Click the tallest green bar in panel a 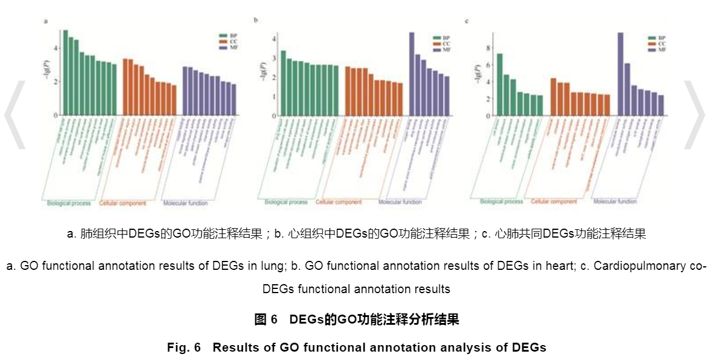click(66, 72)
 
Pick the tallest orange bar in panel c click(553, 96)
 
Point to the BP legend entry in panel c click(656, 37)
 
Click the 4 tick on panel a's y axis click(56, 48)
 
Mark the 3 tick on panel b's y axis click(273, 59)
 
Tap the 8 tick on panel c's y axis click(488, 48)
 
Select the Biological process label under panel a click(69, 204)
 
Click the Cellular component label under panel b click(338, 202)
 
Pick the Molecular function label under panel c click(615, 202)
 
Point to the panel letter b click(256, 20)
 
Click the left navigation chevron click(16, 113)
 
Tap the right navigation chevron click(694, 113)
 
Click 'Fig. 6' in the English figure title click(183, 347)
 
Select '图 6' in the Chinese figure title click(266, 319)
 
